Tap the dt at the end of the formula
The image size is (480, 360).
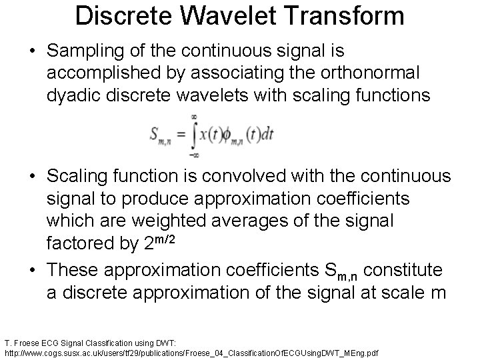(x=267, y=133)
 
